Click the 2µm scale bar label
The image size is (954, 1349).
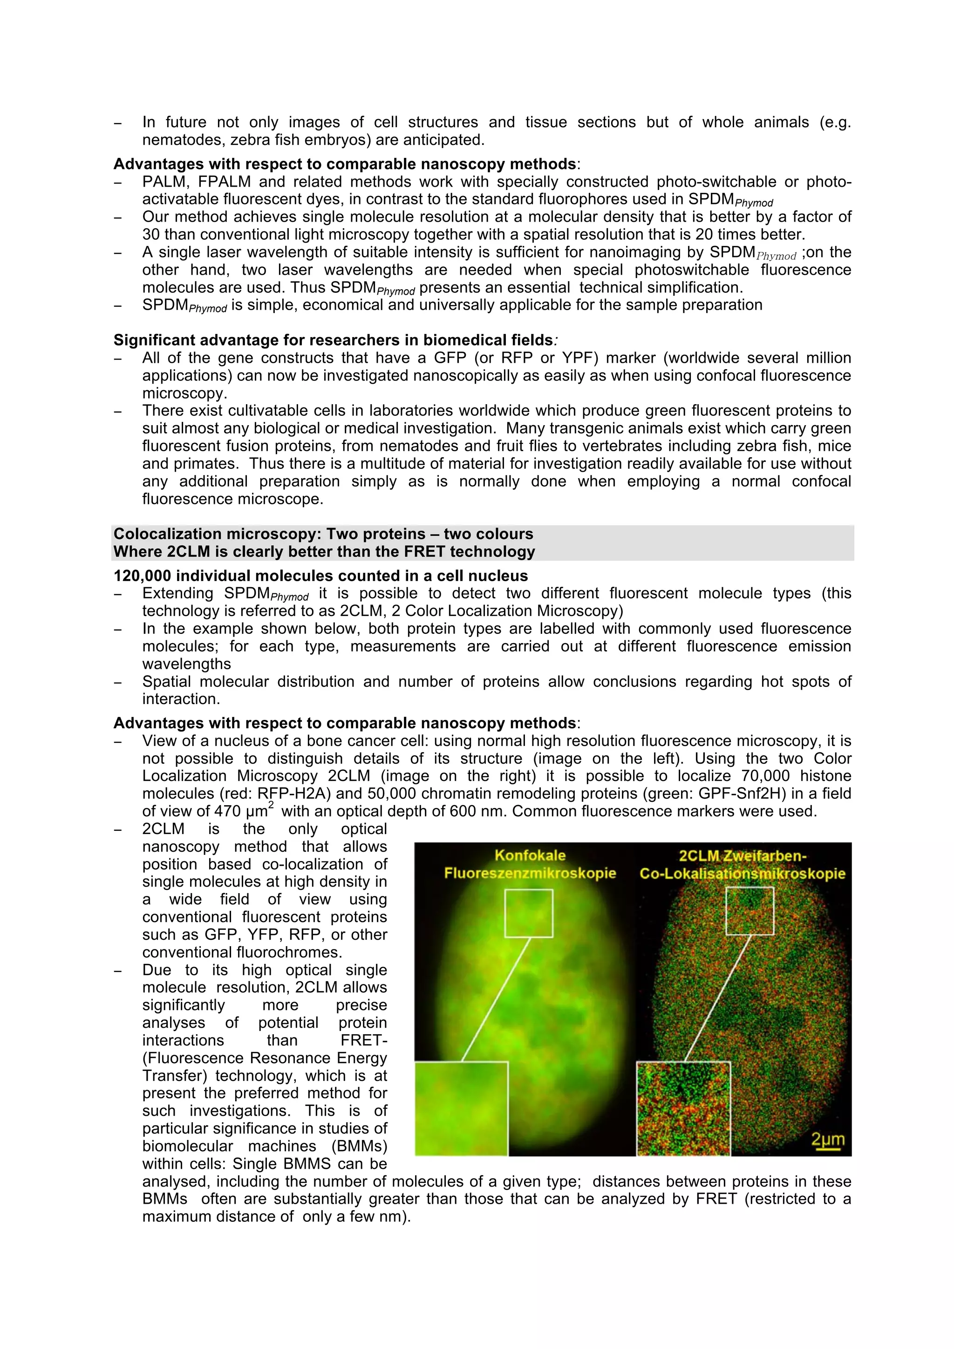click(x=828, y=1139)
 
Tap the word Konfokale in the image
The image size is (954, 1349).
click(x=530, y=855)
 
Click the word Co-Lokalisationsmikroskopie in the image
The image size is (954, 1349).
click(x=742, y=873)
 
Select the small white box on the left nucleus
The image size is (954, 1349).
click(x=528, y=913)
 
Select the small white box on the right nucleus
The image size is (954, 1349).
click(x=750, y=911)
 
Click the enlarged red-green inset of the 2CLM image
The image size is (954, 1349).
click(x=683, y=1108)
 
